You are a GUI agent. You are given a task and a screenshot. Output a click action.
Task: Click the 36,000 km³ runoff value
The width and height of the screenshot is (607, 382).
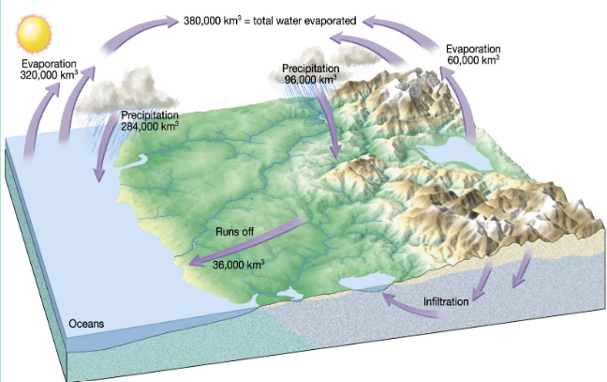tap(238, 265)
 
